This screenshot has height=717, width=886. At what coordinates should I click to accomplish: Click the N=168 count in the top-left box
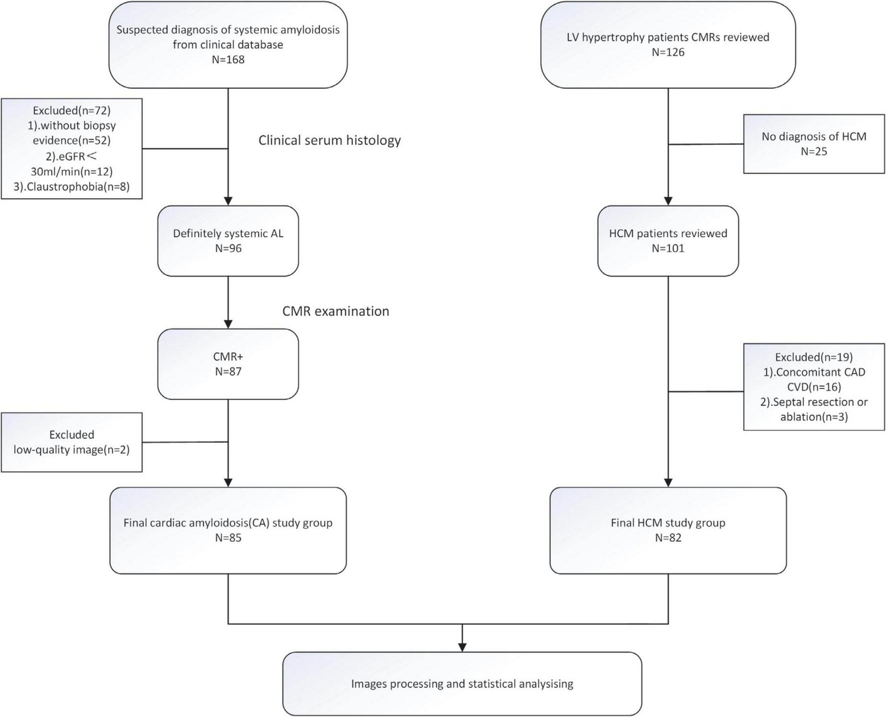coord(228,60)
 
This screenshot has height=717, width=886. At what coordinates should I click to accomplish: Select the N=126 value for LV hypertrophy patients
coord(668,52)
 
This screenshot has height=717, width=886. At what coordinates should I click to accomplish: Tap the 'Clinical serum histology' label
coord(329,140)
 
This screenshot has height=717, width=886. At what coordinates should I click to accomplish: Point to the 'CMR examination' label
coord(335,311)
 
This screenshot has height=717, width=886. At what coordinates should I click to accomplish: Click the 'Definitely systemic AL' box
coord(228,241)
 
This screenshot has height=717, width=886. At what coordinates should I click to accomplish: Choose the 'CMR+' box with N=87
coord(228,364)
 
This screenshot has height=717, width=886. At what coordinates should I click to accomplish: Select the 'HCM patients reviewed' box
coord(668,241)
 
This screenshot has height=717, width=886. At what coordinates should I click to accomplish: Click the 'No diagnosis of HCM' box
coord(813,144)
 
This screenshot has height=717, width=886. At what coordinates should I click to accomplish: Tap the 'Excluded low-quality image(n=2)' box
coord(71,442)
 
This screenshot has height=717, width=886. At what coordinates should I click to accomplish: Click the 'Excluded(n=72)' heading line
coord(71,111)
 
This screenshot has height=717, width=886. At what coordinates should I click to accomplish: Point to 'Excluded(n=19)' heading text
coord(813,357)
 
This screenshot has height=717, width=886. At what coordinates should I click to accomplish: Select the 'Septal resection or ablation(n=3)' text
coord(813,409)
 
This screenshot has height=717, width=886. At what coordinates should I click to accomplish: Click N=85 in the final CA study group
coord(228,538)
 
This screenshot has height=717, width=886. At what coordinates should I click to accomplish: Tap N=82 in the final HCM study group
coord(668,538)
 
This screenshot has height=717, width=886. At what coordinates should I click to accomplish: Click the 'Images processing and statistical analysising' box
coord(462,683)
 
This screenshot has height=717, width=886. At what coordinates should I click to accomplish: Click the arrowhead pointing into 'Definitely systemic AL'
coord(228,201)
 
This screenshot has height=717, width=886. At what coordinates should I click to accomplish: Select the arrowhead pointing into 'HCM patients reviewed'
coord(668,201)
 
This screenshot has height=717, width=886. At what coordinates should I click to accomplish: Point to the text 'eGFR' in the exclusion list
coord(71,156)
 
